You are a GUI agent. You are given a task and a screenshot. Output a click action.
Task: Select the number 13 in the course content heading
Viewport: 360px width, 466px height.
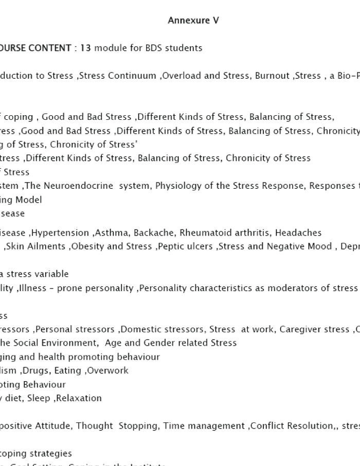tap(86, 48)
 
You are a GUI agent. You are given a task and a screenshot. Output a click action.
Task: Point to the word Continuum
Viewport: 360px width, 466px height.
tap(136, 76)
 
